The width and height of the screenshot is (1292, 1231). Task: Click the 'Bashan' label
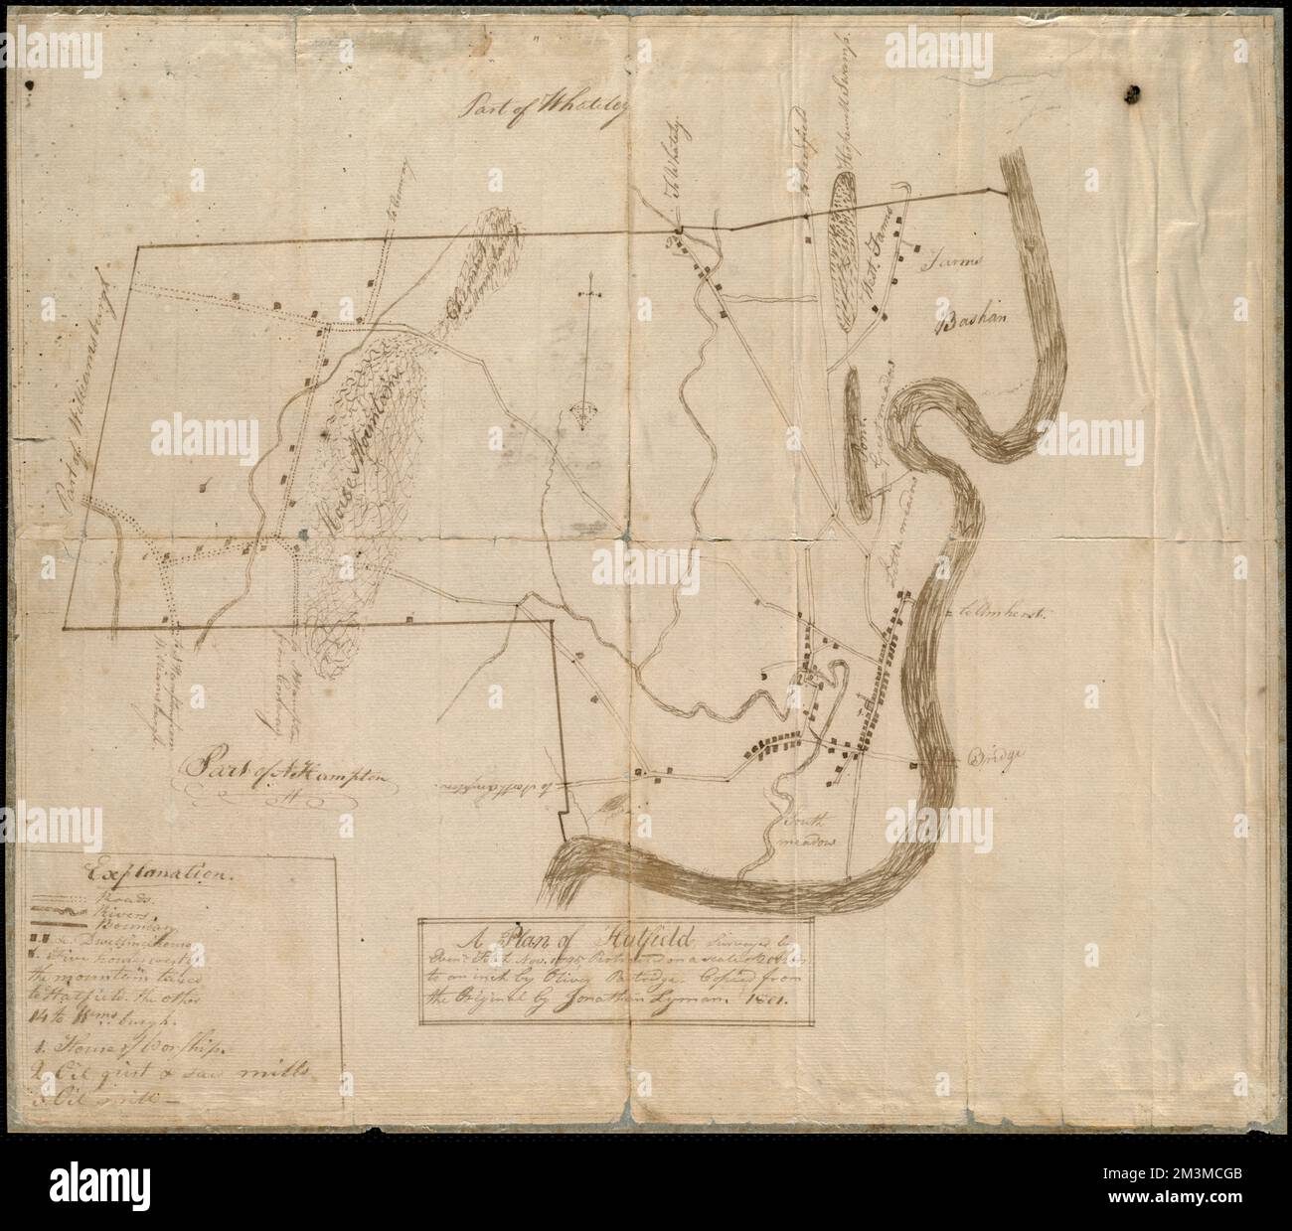(972, 320)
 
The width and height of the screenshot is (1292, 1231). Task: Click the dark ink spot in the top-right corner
(1132, 93)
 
